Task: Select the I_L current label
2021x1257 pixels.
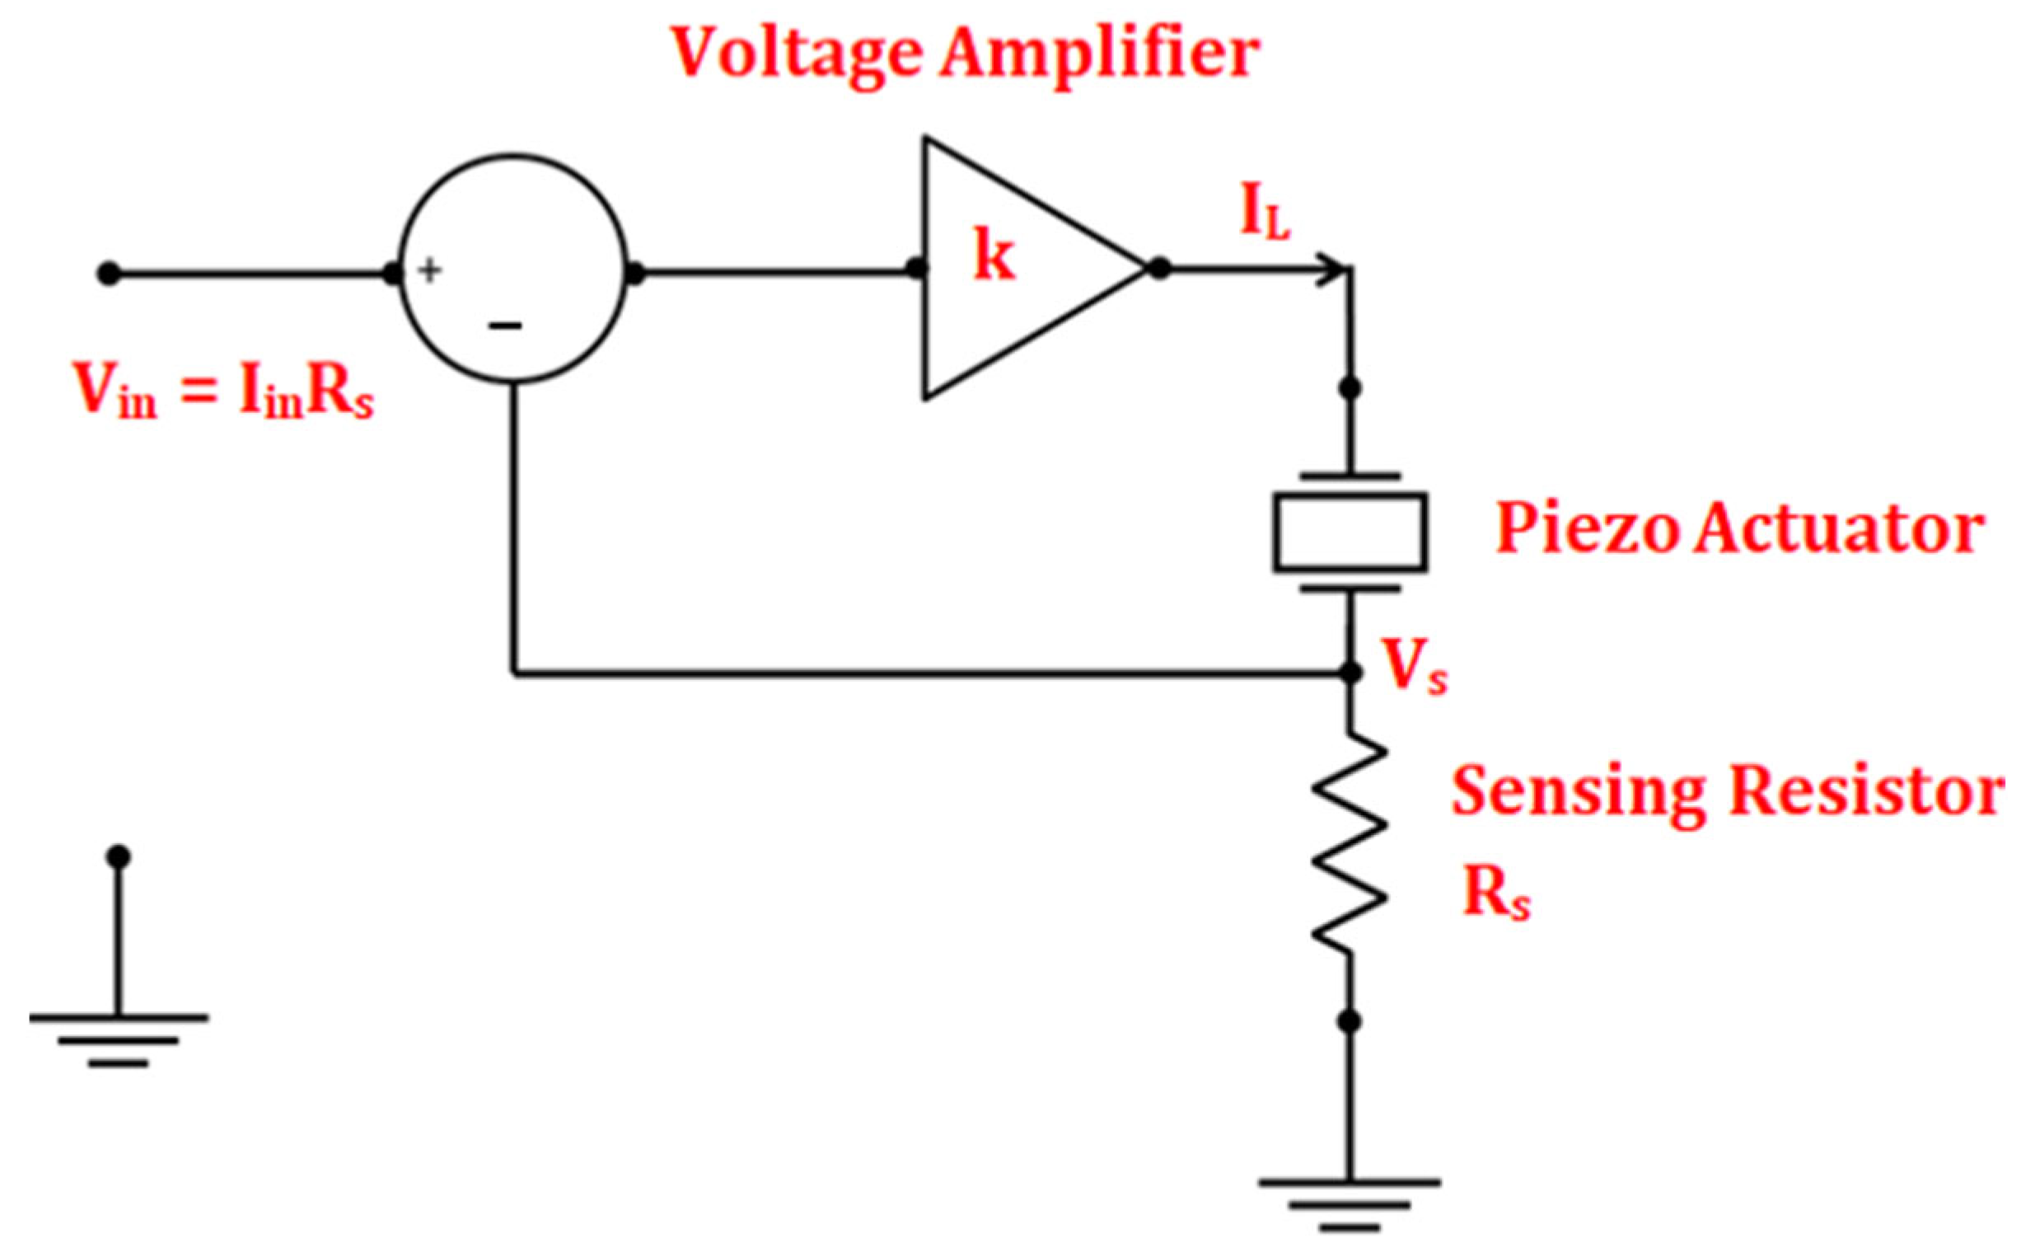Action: tap(1265, 214)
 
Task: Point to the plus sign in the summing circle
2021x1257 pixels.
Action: tap(428, 270)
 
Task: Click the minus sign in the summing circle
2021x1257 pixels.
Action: tap(504, 326)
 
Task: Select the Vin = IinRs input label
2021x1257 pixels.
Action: tap(222, 391)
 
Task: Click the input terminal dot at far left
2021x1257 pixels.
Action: tap(108, 273)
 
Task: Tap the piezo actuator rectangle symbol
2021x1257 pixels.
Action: tap(1350, 532)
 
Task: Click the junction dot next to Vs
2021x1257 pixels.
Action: tap(1351, 672)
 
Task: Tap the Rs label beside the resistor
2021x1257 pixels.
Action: tap(1495, 896)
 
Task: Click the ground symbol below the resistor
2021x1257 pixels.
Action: tap(1350, 1200)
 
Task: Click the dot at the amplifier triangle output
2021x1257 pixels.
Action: tap(1158, 269)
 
